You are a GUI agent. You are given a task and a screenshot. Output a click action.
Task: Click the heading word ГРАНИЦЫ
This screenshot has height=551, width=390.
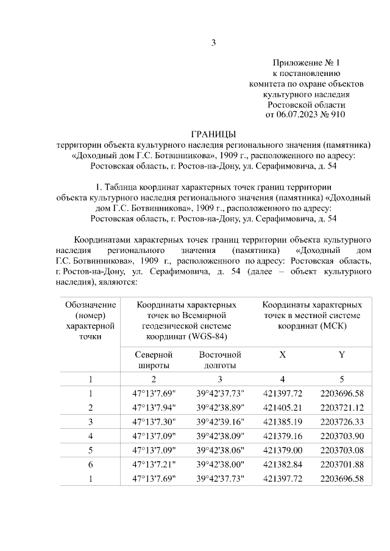click(213, 134)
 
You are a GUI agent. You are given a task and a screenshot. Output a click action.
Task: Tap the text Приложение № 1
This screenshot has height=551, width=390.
click(306, 62)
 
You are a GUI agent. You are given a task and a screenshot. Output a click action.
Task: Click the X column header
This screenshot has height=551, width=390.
click(282, 354)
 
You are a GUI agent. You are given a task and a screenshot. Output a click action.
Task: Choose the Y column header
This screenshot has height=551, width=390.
click(341, 354)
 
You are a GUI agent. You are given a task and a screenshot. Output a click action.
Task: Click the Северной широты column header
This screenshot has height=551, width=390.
click(154, 359)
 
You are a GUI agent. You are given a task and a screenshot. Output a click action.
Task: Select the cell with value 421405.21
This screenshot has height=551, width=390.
click(282, 407)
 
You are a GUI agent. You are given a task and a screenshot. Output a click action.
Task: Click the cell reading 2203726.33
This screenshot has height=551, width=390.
click(341, 421)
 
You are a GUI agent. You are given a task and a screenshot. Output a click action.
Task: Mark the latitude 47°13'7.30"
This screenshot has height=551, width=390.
click(154, 421)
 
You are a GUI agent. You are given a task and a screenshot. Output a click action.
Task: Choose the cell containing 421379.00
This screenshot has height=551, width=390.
click(282, 450)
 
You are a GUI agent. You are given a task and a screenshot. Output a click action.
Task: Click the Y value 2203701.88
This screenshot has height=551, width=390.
click(341, 465)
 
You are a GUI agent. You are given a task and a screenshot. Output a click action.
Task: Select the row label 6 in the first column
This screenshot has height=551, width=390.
click(90, 465)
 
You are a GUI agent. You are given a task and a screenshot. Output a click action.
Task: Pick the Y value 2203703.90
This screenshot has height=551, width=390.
click(341, 435)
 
